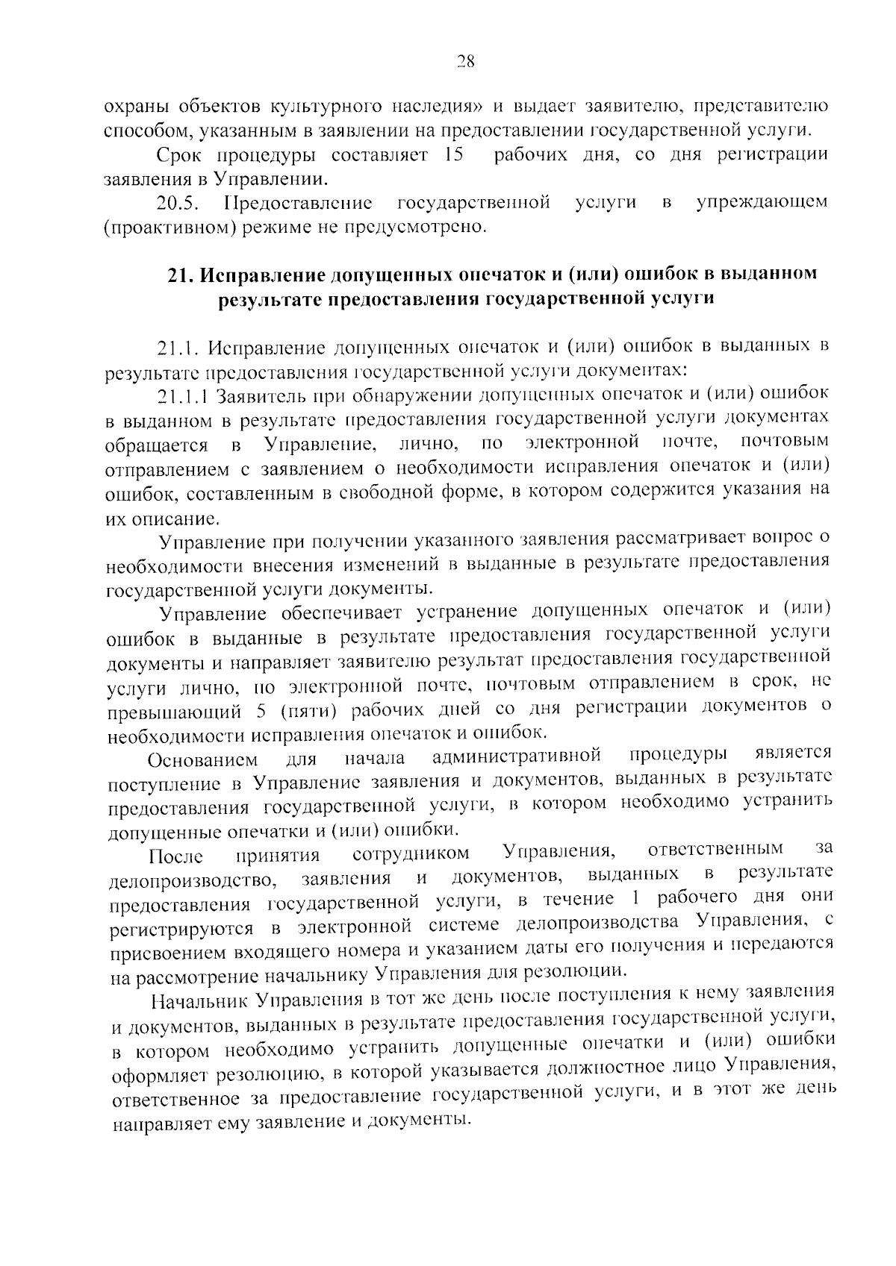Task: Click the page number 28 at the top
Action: pos(465,62)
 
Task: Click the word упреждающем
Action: pos(762,202)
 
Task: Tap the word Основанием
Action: pos(203,760)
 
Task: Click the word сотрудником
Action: pos(411,853)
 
